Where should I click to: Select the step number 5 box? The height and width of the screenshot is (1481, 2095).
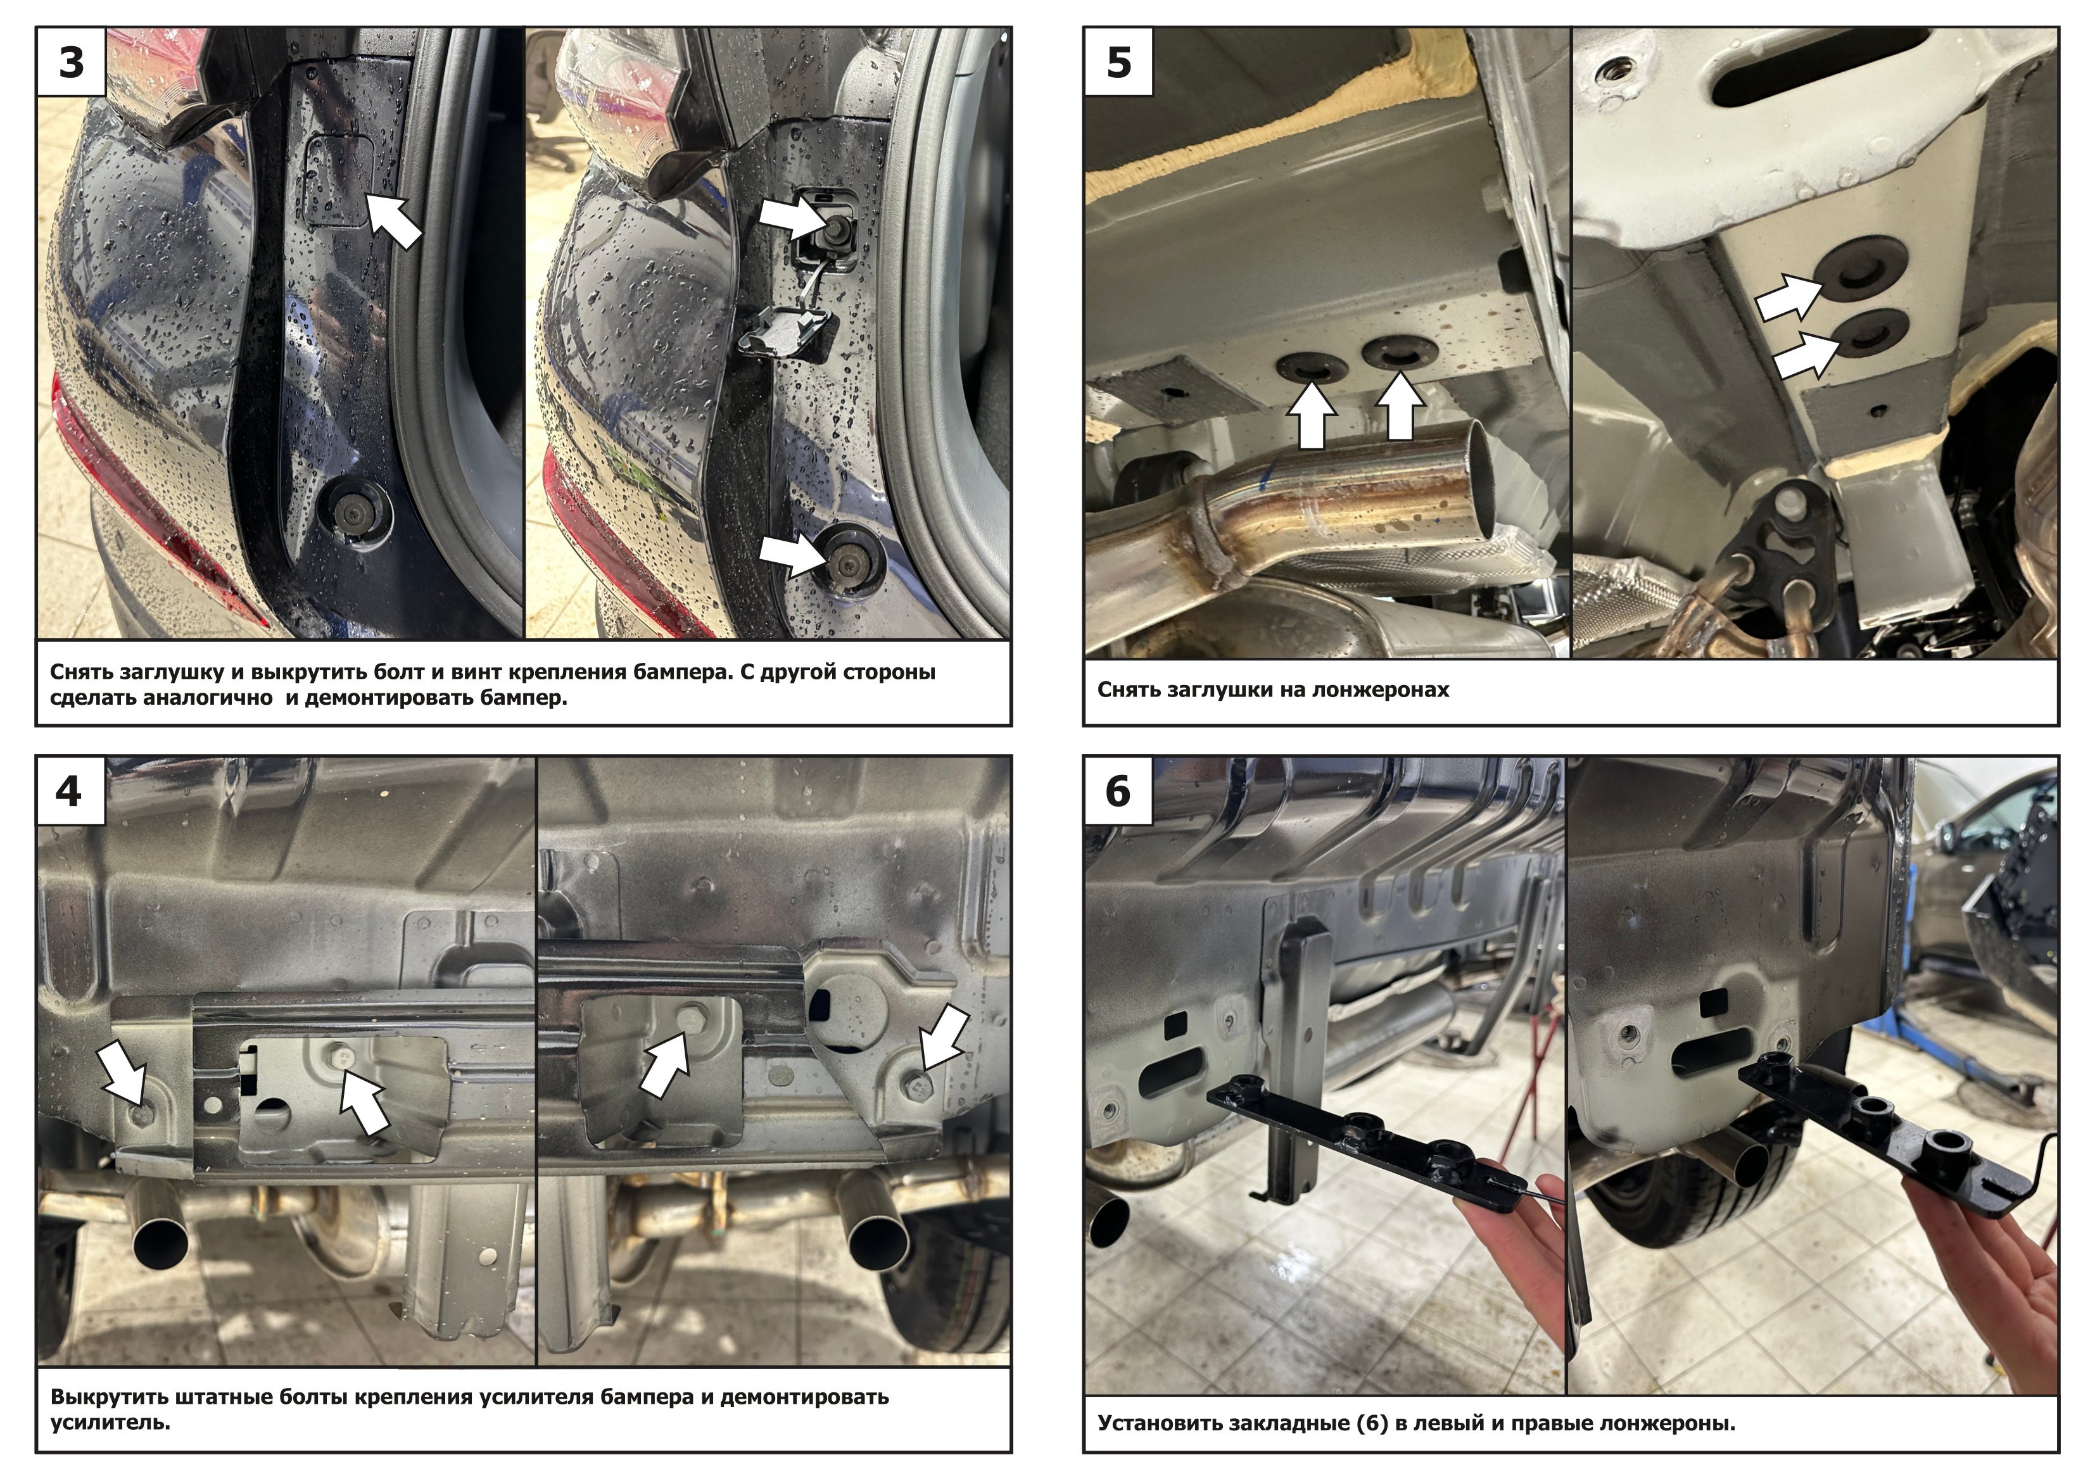[1118, 62]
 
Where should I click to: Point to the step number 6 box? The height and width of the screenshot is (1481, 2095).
[1118, 790]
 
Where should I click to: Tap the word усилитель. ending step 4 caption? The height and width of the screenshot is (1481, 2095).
[110, 1421]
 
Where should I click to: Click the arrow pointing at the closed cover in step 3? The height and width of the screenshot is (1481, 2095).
[394, 220]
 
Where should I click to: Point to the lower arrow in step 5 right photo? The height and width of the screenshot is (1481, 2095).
[1807, 354]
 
